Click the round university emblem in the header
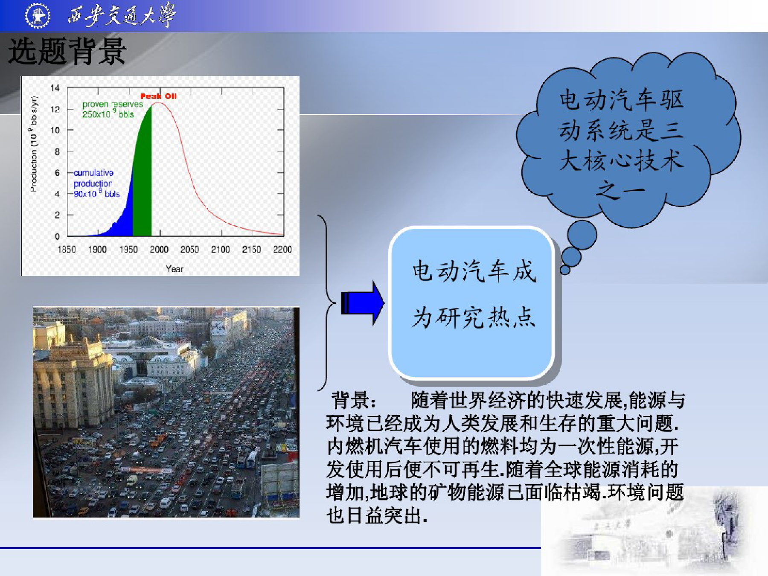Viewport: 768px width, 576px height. pos(38,16)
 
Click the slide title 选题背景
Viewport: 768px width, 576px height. pos(67,51)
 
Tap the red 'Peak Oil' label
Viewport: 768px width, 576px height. pos(158,96)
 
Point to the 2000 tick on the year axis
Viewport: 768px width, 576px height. pos(159,249)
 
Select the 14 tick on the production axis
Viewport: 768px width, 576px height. pos(55,88)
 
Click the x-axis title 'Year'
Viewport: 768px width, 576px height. pos(175,268)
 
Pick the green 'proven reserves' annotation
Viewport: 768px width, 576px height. pos(113,109)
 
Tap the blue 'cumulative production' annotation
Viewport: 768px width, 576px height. pos(96,183)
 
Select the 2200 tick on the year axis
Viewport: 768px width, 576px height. pos(282,249)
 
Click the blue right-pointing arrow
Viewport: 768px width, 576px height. pos(363,303)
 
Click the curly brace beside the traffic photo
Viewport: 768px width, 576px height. pos(326,303)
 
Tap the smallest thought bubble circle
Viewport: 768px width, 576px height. pos(565,270)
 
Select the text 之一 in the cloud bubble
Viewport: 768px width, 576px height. pos(621,190)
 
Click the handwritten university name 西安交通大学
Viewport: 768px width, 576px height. pos(121,15)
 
